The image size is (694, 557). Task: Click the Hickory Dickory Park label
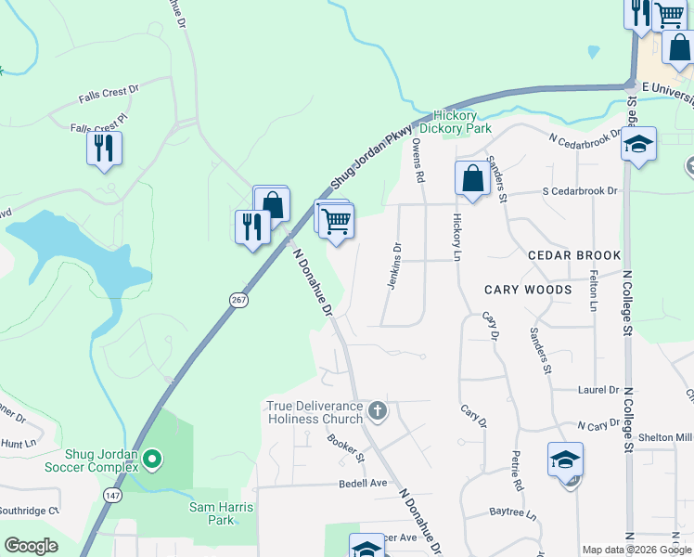coord(455,122)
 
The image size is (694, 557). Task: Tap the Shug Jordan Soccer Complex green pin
coord(154,458)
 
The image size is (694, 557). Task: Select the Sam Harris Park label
coord(222,513)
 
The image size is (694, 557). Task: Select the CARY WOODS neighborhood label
coord(528,290)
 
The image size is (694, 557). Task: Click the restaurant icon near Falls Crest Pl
coord(104,149)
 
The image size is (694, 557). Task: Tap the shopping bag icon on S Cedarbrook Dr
coord(472,178)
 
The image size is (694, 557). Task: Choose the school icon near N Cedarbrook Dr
coord(638,144)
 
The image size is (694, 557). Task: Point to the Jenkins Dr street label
coord(394,266)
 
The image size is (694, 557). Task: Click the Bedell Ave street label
coord(362,483)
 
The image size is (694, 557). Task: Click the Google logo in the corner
coord(31,545)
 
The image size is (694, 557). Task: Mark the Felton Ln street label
coord(593,291)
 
